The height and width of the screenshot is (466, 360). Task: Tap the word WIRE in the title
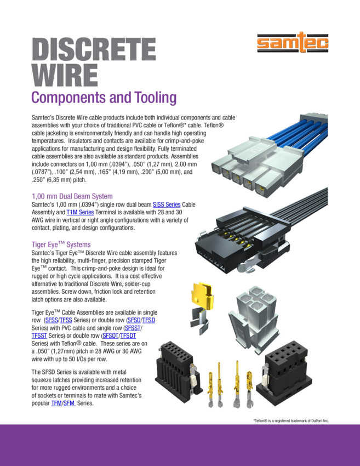tap(65, 76)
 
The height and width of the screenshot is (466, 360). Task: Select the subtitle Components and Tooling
tap(104, 98)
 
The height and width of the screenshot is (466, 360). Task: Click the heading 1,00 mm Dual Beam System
tap(72, 196)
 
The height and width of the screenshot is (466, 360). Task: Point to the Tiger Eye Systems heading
tap(61, 245)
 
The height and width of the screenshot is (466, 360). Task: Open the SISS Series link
tap(167, 204)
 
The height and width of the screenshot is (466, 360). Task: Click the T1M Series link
tap(80, 212)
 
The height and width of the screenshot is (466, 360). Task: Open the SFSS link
tap(51, 320)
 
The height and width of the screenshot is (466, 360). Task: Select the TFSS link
tap(66, 320)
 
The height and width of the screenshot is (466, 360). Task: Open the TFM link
tap(56, 404)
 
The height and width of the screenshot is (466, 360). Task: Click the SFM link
tap(69, 404)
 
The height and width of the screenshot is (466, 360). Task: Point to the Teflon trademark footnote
tap(290, 420)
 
